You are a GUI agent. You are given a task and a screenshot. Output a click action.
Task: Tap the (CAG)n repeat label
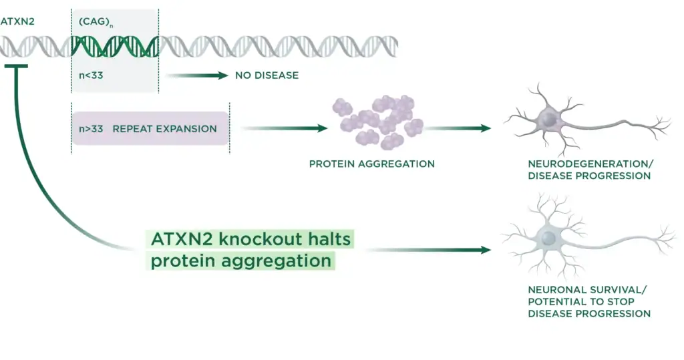point(91,21)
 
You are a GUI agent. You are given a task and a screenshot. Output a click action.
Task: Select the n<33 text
point(90,75)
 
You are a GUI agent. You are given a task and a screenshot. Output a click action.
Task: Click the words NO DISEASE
point(267,75)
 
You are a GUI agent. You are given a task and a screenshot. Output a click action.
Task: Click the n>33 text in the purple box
point(91,128)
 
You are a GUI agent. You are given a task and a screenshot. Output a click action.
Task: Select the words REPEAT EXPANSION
point(164,128)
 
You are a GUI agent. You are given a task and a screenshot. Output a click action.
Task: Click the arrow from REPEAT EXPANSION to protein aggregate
point(284,128)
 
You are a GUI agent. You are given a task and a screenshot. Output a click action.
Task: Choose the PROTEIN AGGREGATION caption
point(371,164)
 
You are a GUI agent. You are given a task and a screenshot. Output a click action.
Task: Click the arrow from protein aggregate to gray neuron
point(461,128)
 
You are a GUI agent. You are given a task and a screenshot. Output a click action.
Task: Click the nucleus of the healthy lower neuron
point(549,237)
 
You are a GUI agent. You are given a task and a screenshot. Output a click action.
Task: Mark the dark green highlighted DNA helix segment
point(115,45)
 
